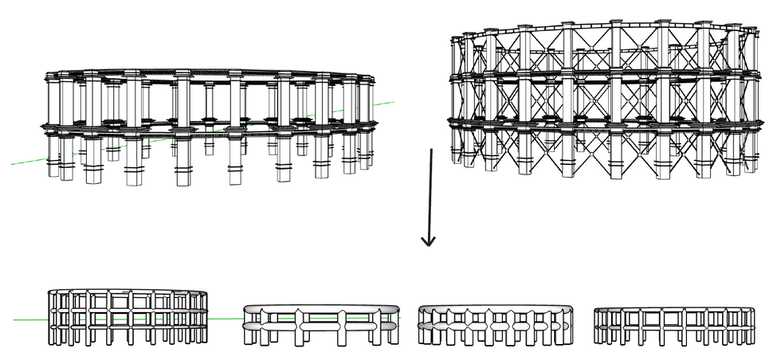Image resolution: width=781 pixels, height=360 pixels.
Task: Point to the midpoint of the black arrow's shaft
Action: (430, 195)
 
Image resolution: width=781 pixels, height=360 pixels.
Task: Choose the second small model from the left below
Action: (319, 325)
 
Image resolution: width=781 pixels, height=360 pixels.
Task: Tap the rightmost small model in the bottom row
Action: (673, 327)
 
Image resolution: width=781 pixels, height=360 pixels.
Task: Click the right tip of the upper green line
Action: (394, 102)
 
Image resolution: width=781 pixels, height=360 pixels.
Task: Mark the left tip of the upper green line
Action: (12, 165)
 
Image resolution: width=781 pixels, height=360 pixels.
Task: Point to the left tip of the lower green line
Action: (14, 320)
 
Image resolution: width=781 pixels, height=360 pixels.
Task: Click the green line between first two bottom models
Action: (226, 319)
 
